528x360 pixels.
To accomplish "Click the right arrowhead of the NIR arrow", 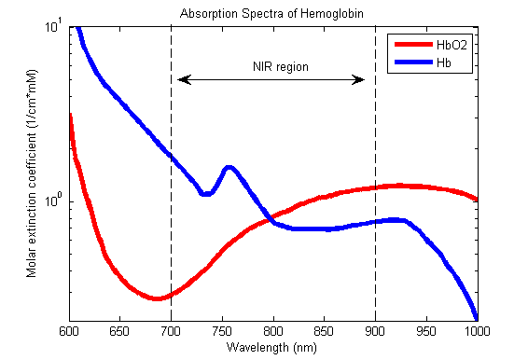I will click(361, 80).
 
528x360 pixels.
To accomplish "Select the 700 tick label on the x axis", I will click(171, 331).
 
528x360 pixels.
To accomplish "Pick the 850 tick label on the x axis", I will click(325, 331).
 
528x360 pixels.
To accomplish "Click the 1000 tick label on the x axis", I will click(477, 331).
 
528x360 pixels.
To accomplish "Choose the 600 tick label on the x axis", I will click(69, 331).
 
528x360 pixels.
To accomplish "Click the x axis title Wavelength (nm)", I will click(272, 347).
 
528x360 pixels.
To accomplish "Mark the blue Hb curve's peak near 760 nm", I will click(229, 168).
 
